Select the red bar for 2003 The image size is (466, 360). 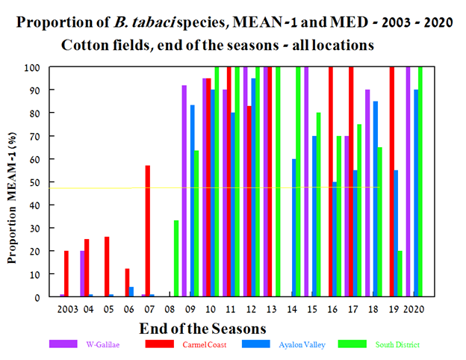(x=66, y=273)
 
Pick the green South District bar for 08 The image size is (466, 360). (x=176, y=258)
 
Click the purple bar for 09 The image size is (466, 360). (x=184, y=190)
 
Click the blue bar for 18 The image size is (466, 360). (x=375, y=199)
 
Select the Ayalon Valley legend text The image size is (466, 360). (x=302, y=344)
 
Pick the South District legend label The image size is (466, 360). (x=397, y=344)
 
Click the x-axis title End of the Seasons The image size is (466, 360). (x=202, y=327)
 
